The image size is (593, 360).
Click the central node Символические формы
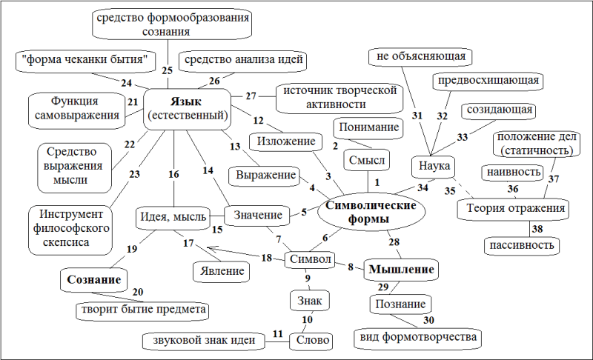click(371, 213)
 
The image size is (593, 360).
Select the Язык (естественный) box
click(188, 109)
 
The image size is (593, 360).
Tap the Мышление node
click(401, 270)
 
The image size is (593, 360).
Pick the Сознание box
click(94, 280)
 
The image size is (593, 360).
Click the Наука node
click(434, 166)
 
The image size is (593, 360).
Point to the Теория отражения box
click(513, 209)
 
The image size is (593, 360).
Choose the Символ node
click(310, 259)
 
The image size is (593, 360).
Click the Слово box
click(312, 340)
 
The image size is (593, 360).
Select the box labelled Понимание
click(368, 127)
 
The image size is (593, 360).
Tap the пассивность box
click(522, 245)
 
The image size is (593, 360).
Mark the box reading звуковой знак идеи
click(204, 341)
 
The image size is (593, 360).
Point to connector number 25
click(168, 64)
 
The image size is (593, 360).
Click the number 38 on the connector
click(537, 229)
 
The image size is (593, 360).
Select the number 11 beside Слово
click(277, 334)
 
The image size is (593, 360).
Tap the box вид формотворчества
click(418, 337)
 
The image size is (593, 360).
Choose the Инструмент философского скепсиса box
click(70, 230)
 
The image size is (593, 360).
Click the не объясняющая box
click(420, 57)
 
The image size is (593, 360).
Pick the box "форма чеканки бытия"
click(85, 61)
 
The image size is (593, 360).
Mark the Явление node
click(222, 272)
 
